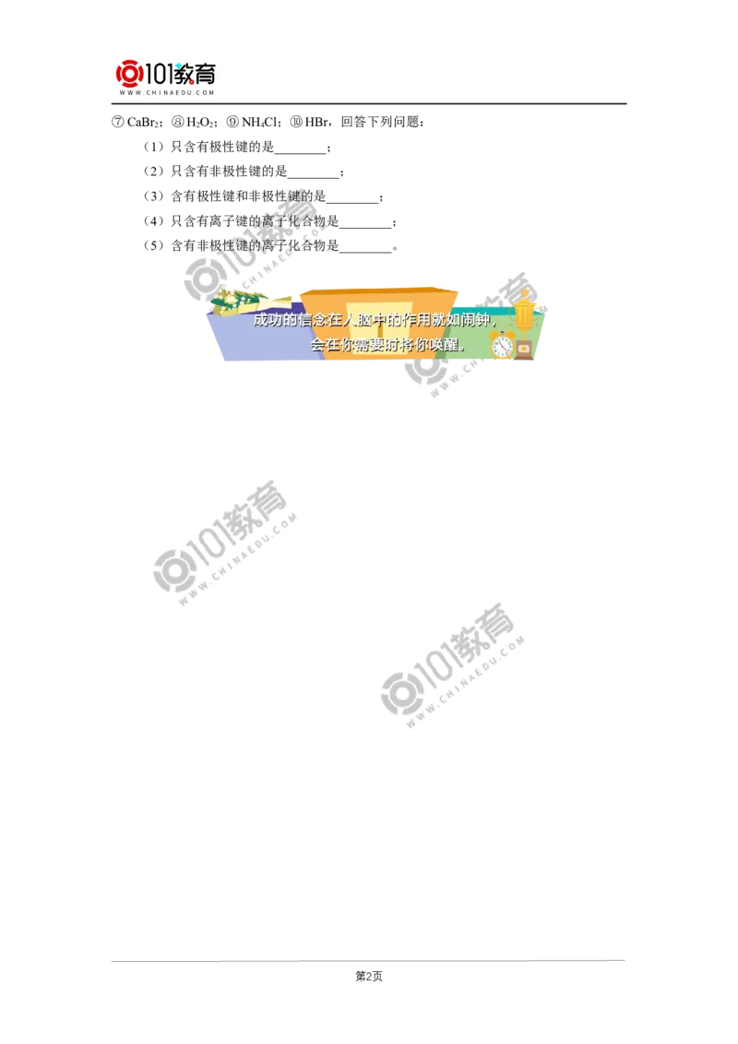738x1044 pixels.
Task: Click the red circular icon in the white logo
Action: click(x=128, y=73)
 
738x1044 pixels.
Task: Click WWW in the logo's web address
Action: click(x=127, y=93)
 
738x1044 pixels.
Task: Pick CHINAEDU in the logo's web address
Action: click(x=167, y=93)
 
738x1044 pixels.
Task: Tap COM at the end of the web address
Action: click(x=207, y=93)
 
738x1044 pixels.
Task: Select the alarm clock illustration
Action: click(x=502, y=346)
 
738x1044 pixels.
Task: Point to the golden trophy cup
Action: click(x=525, y=310)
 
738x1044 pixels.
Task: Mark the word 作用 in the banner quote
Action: click(x=420, y=321)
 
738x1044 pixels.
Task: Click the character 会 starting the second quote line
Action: click(x=317, y=345)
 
